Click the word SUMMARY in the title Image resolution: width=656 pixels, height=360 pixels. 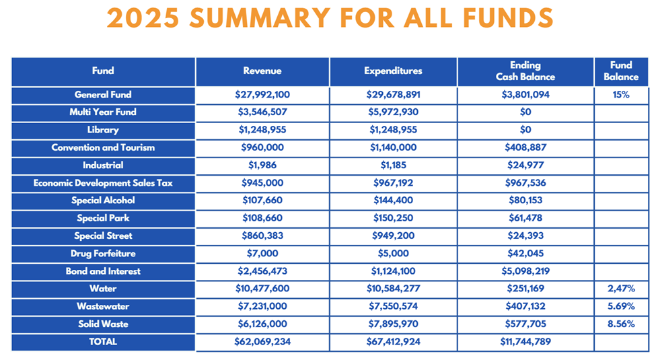coord(260,18)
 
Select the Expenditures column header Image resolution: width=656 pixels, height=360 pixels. coord(393,71)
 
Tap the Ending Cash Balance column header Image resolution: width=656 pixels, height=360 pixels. coord(525,71)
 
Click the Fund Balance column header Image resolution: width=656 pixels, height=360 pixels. coord(621,71)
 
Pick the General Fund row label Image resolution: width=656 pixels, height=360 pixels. coord(103,95)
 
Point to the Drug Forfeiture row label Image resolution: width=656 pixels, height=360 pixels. coord(103,253)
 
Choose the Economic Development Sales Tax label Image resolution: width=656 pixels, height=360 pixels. coord(103,183)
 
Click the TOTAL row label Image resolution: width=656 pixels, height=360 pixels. coord(103,342)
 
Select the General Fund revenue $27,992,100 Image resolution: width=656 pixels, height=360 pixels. coord(262,95)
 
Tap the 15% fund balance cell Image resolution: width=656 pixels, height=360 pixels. coord(621,95)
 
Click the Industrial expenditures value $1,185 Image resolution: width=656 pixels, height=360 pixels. coord(394,166)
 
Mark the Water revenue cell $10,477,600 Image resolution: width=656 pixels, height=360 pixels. coord(262,289)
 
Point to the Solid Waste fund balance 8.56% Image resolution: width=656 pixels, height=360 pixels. coord(621,324)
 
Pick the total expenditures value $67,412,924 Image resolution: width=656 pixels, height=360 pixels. coord(394,342)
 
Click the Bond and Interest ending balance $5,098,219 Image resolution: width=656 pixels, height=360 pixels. coord(525,271)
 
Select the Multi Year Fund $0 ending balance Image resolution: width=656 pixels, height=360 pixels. coord(525,112)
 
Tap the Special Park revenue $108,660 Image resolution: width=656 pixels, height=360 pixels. coord(262,218)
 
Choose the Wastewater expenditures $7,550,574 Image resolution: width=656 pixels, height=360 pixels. coord(394,306)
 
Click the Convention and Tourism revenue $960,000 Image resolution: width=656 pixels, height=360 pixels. coord(262,147)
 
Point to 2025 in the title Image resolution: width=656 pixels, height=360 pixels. coord(143,18)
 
